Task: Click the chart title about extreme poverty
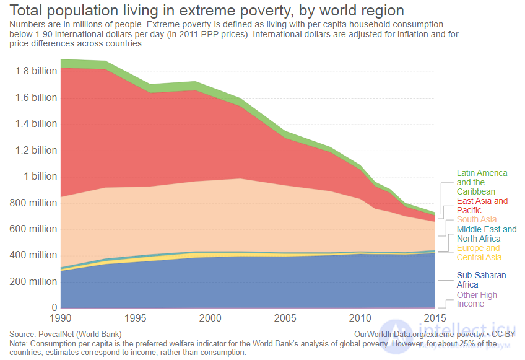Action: [207, 11]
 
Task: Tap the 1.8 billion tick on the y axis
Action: [36, 71]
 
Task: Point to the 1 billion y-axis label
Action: [40, 177]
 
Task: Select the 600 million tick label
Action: [33, 229]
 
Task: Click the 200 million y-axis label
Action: [33, 281]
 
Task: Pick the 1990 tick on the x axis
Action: [61, 318]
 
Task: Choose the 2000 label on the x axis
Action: [210, 318]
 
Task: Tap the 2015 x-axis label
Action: [435, 318]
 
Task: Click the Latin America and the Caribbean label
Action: [482, 182]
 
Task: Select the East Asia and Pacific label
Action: [482, 206]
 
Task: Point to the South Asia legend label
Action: [477, 219]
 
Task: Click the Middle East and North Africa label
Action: [487, 234]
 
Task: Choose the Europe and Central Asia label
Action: [479, 253]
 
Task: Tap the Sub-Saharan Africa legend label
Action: [482, 280]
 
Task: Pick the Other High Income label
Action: [477, 299]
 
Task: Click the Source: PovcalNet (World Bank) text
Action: [66, 334]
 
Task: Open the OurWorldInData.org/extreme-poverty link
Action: [419, 334]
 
